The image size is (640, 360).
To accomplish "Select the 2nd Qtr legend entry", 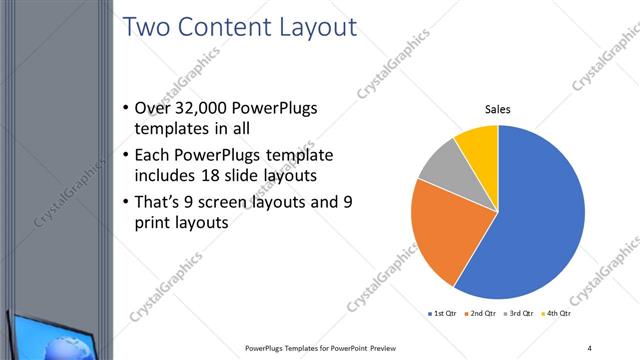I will (x=483, y=314).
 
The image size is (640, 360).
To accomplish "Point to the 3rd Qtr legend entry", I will (x=521, y=314).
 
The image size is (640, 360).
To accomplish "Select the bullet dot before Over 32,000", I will (x=124, y=108).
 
